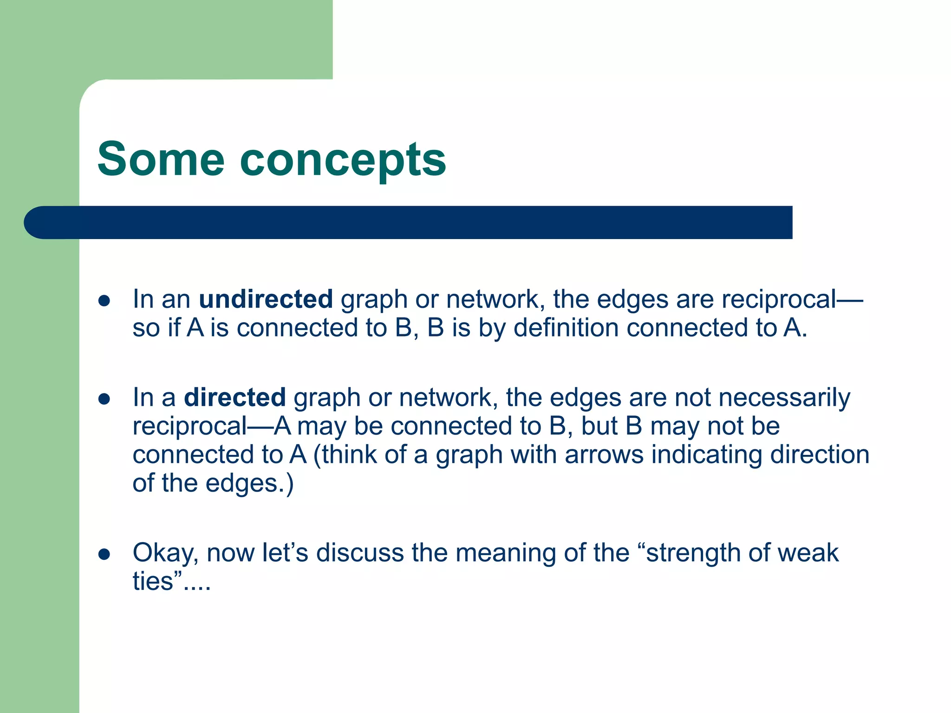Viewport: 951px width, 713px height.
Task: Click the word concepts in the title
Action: tap(343, 160)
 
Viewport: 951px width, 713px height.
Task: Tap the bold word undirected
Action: tap(266, 299)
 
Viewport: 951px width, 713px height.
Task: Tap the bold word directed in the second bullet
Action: tap(234, 397)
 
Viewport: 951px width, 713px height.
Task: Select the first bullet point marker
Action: tap(104, 300)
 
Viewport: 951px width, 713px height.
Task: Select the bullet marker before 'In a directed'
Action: tap(104, 399)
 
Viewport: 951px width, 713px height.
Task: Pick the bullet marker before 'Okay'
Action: tap(104, 554)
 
